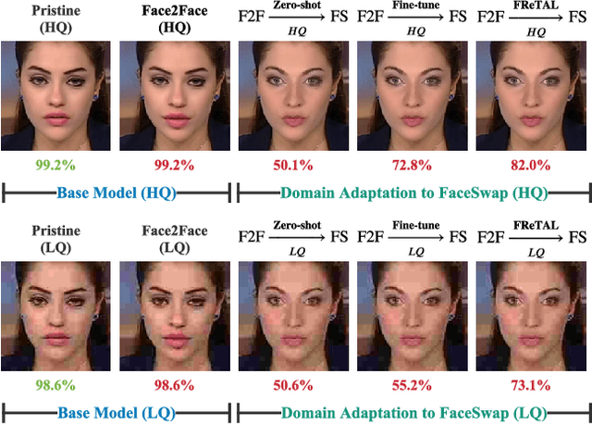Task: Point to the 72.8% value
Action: [413, 166]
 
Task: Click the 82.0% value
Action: [531, 166]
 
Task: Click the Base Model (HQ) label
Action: [117, 193]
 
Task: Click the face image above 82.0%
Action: [531, 100]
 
